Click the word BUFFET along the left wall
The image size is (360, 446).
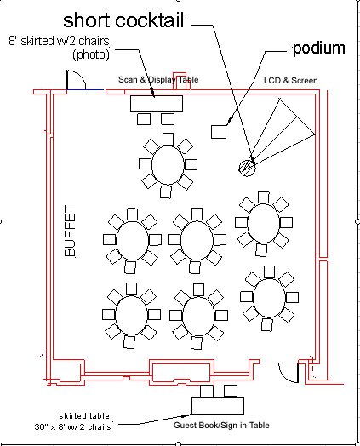pyautogui.click(x=70, y=232)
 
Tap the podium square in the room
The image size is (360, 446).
pyautogui.click(x=219, y=132)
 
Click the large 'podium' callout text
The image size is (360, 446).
pyautogui.click(x=319, y=49)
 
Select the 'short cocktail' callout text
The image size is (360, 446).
pyautogui.click(x=123, y=20)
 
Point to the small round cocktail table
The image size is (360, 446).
pyautogui.click(x=248, y=168)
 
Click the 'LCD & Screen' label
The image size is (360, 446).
pyautogui.click(x=290, y=81)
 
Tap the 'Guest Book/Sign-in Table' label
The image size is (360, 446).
pyautogui.click(x=221, y=426)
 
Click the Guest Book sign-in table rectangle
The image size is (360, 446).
pyautogui.click(x=218, y=406)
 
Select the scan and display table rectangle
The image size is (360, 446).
pyautogui.click(x=157, y=104)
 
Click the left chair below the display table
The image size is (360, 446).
pyautogui.click(x=144, y=119)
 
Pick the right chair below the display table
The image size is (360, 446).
pyautogui.click(x=168, y=119)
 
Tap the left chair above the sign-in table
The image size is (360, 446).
pyautogui.click(x=207, y=392)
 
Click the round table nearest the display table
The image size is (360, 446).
pyautogui.click(x=168, y=164)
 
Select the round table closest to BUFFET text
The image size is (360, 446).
pyautogui.click(x=132, y=240)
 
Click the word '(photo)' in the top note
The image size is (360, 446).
pyautogui.click(x=91, y=54)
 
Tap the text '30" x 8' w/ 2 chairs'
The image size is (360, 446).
pyautogui.click(x=73, y=426)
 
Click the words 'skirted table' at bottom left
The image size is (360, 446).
pyautogui.click(x=84, y=416)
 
